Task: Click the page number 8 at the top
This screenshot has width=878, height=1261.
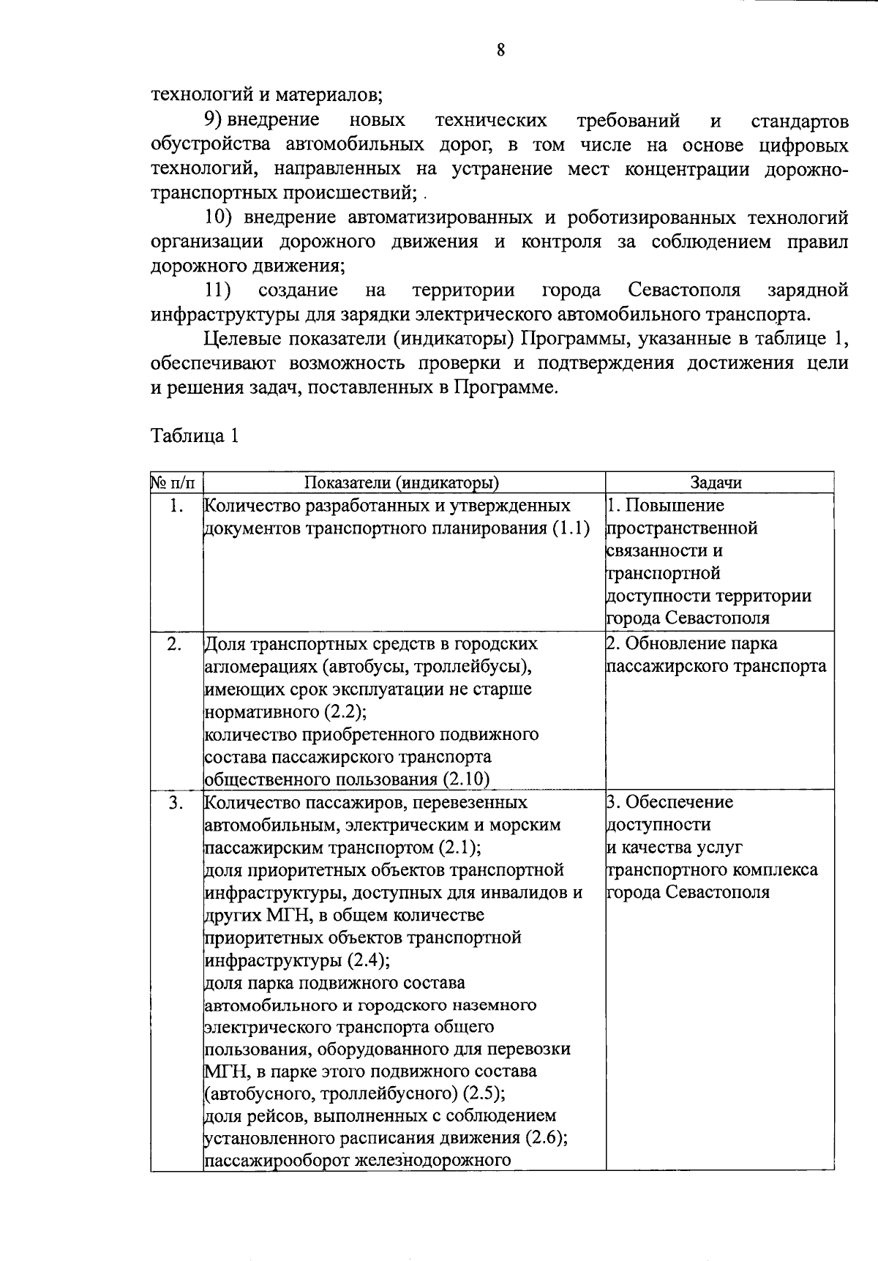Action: click(x=500, y=50)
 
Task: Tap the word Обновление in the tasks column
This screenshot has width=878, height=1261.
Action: click(x=675, y=644)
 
